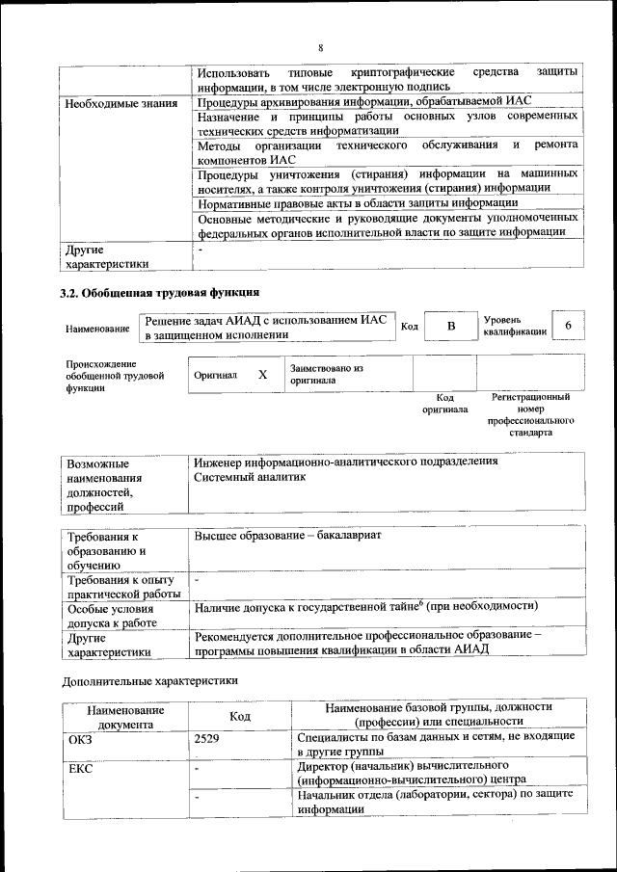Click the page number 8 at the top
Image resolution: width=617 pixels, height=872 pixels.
[x=320, y=47]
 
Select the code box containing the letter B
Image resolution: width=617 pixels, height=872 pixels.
[x=450, y=327]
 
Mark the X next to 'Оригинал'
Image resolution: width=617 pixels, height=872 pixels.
[x=262, y=374]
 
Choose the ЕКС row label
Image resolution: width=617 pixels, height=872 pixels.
[x=80, y=769]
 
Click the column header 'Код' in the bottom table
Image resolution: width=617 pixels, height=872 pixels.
[x=240, y=717]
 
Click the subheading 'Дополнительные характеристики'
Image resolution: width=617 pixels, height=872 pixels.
[x=149, y=680]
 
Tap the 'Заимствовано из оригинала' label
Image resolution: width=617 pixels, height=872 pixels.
[x=326, y=374]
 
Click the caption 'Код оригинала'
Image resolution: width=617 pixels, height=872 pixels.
[x=444, y=403]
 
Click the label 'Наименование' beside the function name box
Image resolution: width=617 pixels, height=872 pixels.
[x=97, y=330]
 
